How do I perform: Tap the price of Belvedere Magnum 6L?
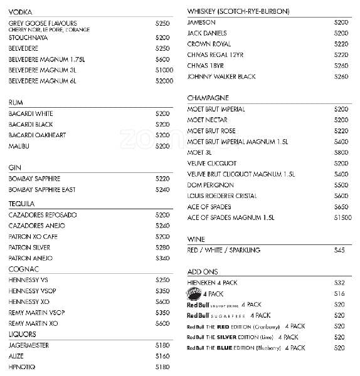click(164, 81)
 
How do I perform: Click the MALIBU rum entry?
click(20, 146)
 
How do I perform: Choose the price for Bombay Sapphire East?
click(162, 189)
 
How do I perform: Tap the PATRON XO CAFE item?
click(33, 237)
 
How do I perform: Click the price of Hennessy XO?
click(162, 301)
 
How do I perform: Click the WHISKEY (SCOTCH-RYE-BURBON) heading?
click(229, 11)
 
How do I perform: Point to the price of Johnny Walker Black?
click(341, 76)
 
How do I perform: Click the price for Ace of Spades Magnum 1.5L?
click(342, 217)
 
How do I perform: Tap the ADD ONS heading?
click(202, 272)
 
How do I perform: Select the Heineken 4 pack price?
click(340, 283)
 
